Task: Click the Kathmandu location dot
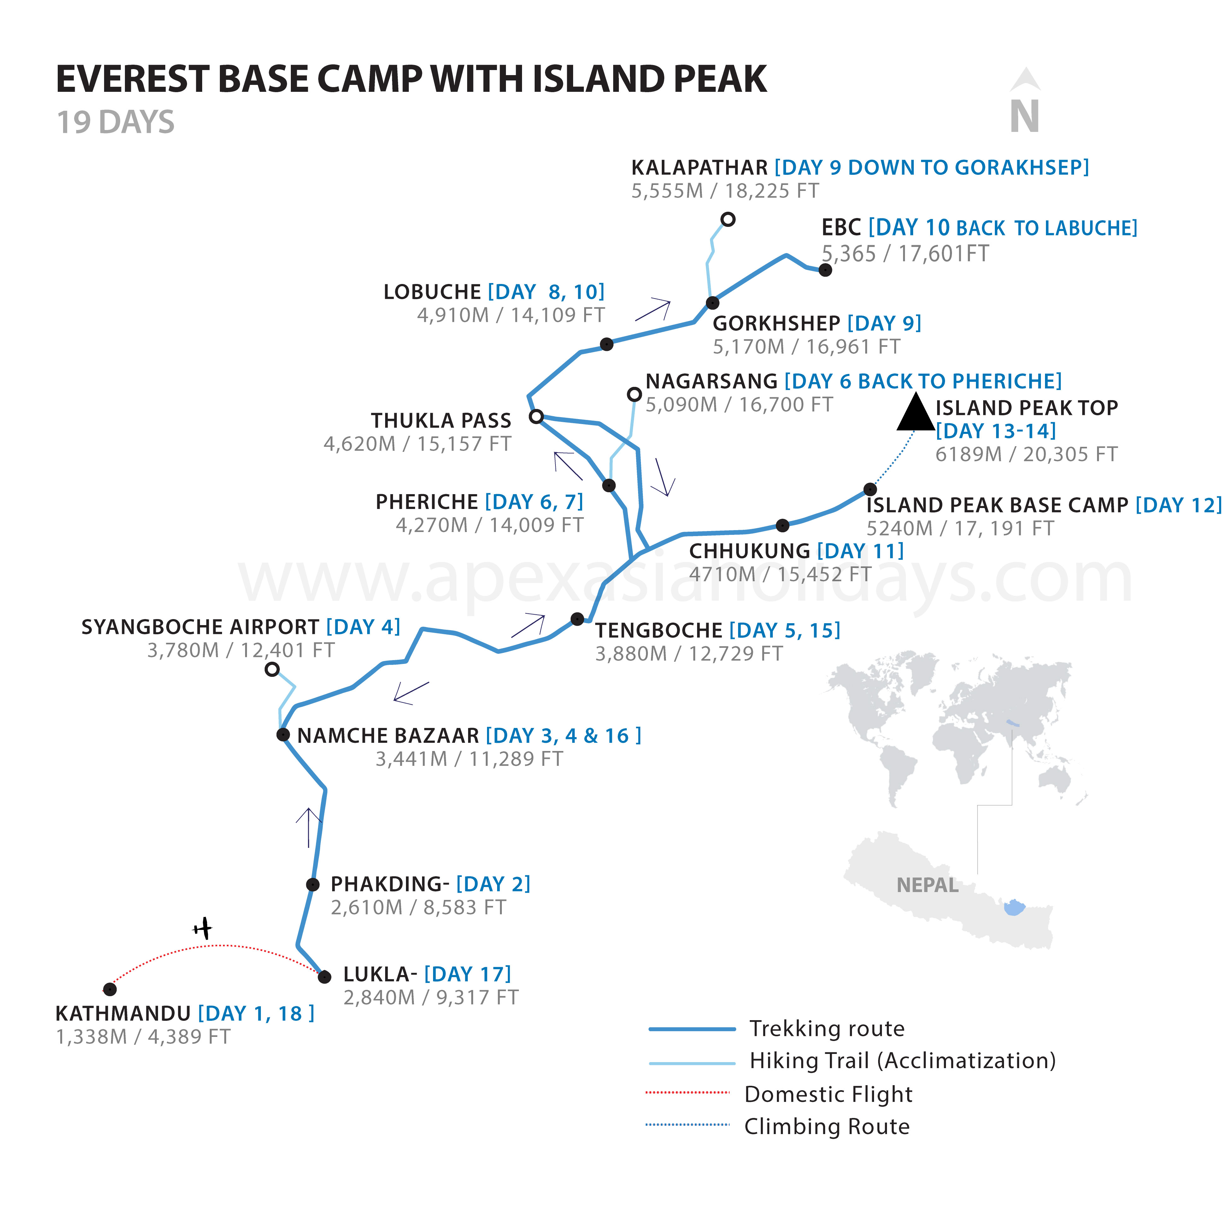[110, 989]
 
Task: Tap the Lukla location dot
[325, 976]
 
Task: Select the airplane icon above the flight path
[203, 929]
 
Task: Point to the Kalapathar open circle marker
[728, 219]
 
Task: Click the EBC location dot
[825, 270]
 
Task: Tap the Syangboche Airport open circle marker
[272, 669]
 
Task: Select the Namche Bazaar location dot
[283, 735]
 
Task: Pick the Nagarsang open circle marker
[634, 394]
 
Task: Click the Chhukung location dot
[783, 525]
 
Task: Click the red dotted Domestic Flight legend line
[687, 1092]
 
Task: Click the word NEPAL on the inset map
[927, 885]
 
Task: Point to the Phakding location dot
[313, 884]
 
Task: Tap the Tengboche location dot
[577, 619]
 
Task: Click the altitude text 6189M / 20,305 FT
[1026, 454]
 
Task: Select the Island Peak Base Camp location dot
[870, 489]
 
